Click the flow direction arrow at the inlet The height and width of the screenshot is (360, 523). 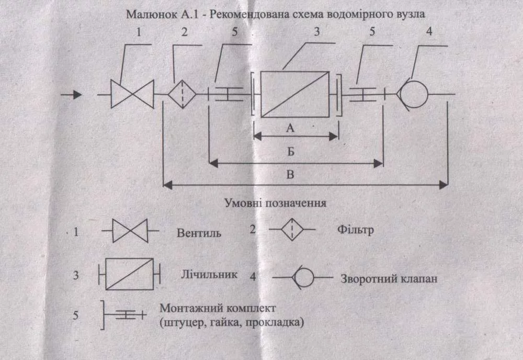(x=72, y=95)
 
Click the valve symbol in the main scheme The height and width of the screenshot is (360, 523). (x=132, y=95)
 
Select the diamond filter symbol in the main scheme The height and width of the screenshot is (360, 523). (x=182, y=95)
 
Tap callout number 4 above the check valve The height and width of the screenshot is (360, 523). (x=429, y=32)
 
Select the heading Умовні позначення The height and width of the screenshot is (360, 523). (x=276, y=203)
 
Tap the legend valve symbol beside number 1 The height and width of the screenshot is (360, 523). (x=130, y=231)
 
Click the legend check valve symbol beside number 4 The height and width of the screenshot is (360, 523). (x=302, y=277)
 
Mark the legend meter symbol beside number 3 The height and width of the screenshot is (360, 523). (x=129, y=274)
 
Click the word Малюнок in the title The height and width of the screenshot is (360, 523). (x=147, y=14)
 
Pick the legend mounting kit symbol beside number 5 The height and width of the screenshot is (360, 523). (x=124, y=315)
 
